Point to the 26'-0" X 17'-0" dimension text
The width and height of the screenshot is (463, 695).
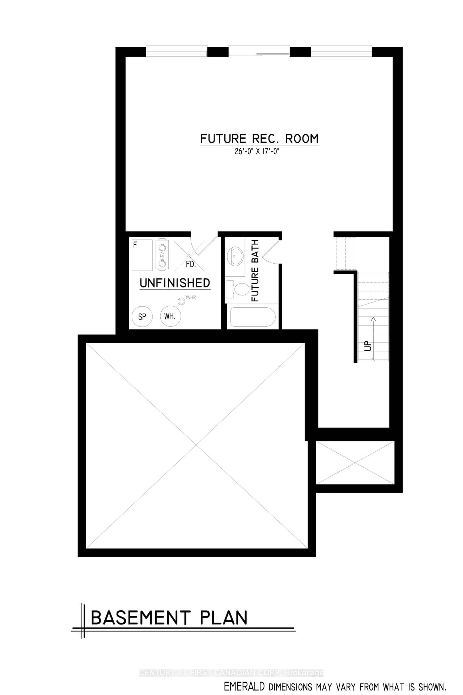[x=257, y=152]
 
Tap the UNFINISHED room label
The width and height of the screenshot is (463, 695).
[x=175, y=283]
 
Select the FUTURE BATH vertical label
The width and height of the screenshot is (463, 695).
[x=255, y=270]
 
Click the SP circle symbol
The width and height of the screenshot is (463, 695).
[x=142, y=316]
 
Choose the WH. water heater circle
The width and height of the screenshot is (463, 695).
[x=170, y=316]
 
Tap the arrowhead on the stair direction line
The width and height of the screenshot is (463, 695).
[x=373, y=319]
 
